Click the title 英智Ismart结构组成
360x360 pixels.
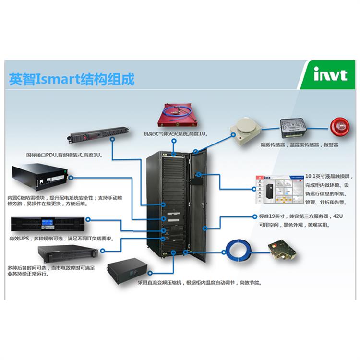(x=72, y=78)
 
